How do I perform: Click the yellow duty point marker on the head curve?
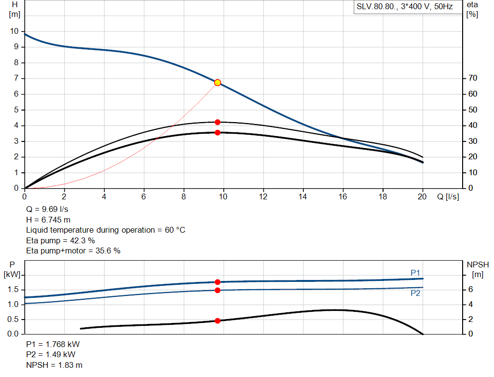(218, 83)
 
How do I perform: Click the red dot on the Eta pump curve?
(218, 122)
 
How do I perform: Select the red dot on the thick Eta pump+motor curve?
(218, 132)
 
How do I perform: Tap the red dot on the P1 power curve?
(218, 282)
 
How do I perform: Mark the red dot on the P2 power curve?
(218, 290)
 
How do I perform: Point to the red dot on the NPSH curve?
(218, 321)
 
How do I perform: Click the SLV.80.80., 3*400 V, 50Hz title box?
(404, 7)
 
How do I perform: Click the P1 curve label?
(415, 273)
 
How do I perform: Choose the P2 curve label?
(415, 293)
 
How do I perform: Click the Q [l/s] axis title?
(448, 196)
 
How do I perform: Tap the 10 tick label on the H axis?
(14, 31)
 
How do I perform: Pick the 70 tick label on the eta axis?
(472, 78)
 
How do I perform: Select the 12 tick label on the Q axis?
(263, 196)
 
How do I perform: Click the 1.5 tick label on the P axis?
(14, 290)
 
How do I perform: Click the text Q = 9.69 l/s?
(47, 209)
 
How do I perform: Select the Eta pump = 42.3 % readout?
(60, 240)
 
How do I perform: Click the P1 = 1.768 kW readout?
(53, 345)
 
